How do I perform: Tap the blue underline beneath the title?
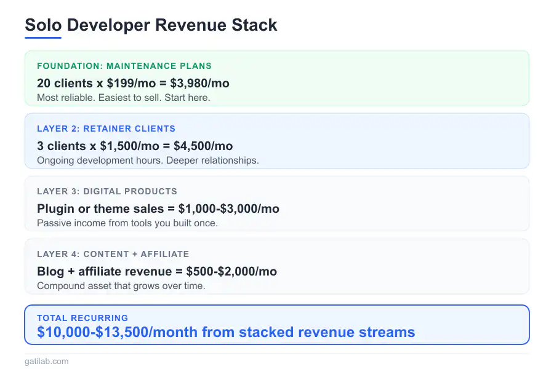pyautogui.click(x=43, y=38)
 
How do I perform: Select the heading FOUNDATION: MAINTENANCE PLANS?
pyautogui.click(x=124, y=66)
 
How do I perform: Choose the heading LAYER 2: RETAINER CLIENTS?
pyautogui.click(x=106, y=129)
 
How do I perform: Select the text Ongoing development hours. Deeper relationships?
pyautogui.click(x=148, y=161)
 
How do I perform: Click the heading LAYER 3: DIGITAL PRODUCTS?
pyautogui.click(x=107, y=191)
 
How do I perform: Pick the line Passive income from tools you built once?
pyautogui.click(x=127, y=223)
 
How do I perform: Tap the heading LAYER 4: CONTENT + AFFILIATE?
pyautogui.click(x=113, y=254)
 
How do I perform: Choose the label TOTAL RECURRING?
pyautogui.click(x=82, y=318)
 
